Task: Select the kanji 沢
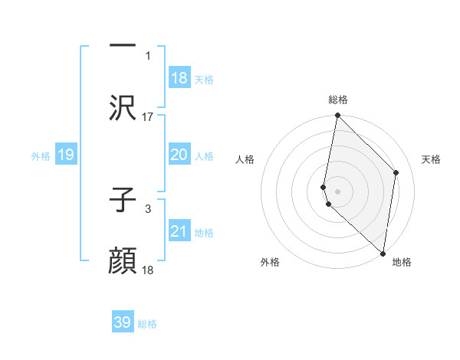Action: click(123, 108)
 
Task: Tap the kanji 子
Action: click(123, 200)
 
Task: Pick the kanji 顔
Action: click(123, 261)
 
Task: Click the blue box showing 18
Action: click(179, 78)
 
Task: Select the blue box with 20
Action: click(179, 155)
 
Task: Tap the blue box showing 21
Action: click(179, 231)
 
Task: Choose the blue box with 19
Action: click(65, 155)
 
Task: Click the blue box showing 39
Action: click(123, 323)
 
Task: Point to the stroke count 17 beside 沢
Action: click(148, 116)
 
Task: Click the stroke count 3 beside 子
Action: click(147, 208)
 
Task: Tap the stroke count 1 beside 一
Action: click(147, 55)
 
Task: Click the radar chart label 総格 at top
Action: click(337, 100)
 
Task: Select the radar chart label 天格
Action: click(431, 159)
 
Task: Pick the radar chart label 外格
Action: click(269, 262)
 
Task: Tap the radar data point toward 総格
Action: click(337, 116)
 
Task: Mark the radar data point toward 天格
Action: click(396, 172)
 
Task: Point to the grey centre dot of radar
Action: click(337, 191)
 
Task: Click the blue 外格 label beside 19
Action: click(41, 156)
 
